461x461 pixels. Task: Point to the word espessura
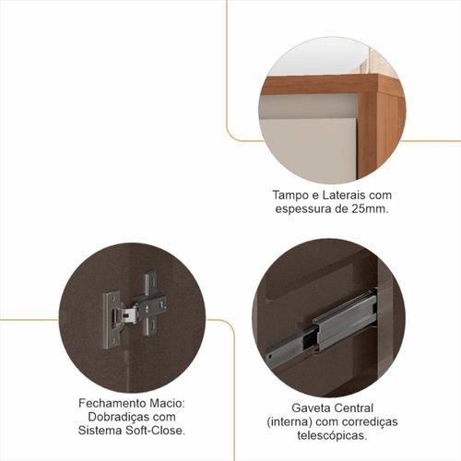click(x=302, y=209)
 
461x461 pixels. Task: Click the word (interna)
click(x=290, y=422)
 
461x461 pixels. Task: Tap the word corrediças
click(x=370, y=422)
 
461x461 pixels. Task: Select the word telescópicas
click(x=332, y=435)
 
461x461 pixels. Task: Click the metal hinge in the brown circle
click(x=135, y=310)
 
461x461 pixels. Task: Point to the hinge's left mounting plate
click(x=111, y=321)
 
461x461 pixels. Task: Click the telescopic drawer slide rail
click(x=321, y=326)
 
